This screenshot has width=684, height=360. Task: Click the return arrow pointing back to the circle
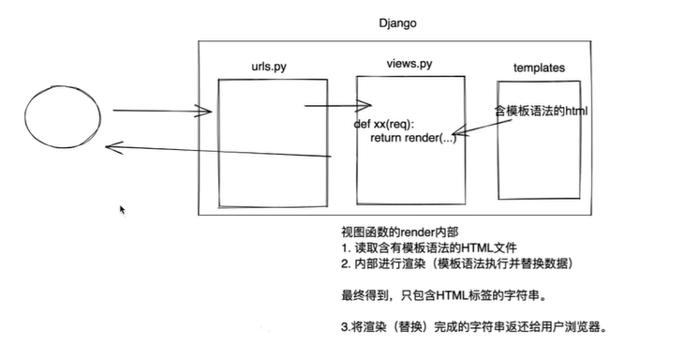tap(216, 150)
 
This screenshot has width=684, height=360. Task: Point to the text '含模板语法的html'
tap(541, 111)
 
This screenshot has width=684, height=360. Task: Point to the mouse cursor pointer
tap(123, 210)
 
